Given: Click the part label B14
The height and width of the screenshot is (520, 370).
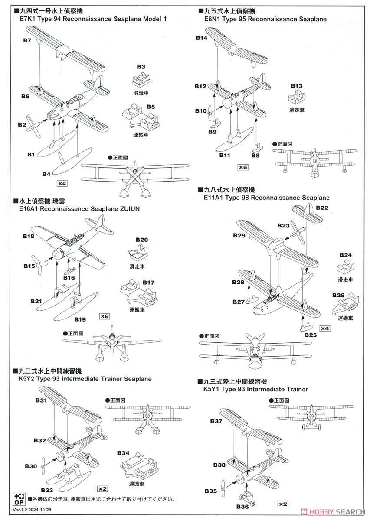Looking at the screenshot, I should coord(201,38).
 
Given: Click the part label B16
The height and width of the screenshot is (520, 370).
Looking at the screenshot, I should coord(69,278).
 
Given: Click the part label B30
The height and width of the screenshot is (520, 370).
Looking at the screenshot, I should coord(31,467).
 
